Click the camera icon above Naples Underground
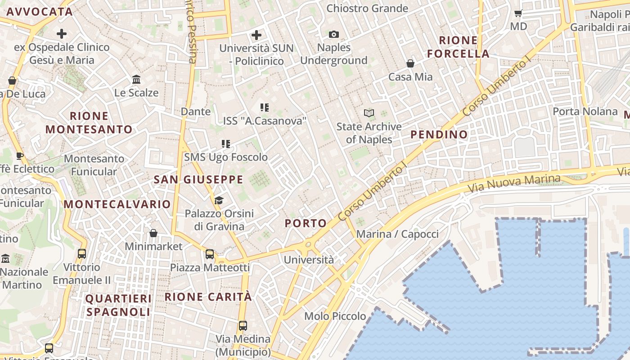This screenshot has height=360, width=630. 333,34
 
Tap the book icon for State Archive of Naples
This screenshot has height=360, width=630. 369,113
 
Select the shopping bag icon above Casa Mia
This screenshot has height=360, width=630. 410,63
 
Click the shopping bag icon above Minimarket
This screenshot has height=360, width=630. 153,233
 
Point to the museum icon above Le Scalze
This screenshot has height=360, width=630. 136,80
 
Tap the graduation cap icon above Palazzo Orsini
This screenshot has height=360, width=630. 219,200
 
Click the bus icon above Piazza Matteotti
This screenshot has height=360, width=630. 210,254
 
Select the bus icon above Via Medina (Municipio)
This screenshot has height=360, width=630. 243,325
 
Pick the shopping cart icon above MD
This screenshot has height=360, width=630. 518,13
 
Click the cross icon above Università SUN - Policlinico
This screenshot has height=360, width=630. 256,35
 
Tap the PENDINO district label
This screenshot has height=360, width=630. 439,135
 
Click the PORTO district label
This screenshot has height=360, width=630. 306,223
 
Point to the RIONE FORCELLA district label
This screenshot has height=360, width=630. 458,47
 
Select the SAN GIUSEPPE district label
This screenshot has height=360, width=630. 198,180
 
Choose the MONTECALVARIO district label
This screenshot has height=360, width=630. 117,204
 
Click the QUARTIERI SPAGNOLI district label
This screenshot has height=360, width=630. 118,305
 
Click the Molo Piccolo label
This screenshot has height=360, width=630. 335,316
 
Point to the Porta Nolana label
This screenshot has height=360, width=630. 585,111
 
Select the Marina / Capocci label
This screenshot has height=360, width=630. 397,234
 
